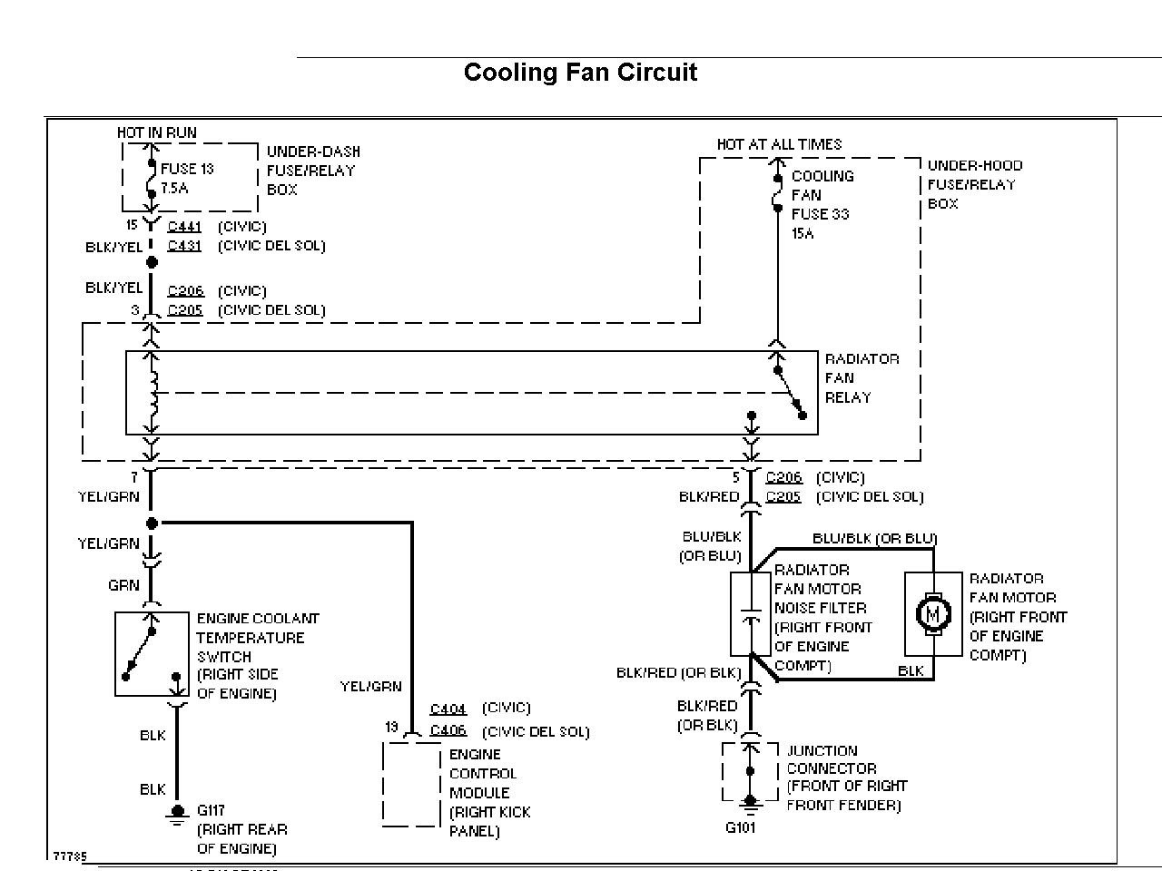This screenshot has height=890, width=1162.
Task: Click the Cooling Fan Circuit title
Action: pyautogui.click(x=580, y=73)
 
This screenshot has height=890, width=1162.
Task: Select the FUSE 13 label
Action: pyautogui.click(x=187, y=169)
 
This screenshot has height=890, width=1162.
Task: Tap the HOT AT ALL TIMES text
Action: pyautogui.click(x=779, y=144)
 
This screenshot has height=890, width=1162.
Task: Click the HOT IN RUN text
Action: pyautogui.click(x=156, y=132)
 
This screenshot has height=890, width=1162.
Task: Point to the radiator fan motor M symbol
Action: pyautogui.click(x=932, y=615)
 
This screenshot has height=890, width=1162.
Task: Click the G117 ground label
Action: pyautogui.click(x=211, y=810)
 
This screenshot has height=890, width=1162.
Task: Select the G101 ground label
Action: pyautogui.click(x=741, y=827)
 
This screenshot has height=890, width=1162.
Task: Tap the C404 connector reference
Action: pyautogui.click(x=448, y=709)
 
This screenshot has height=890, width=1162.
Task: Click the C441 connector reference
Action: pyautogui.click(x=184, y=227)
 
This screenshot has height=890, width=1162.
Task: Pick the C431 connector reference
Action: pyautogui.click(x=184, y=246)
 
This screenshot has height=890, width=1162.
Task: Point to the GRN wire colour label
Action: pyautogui.click(x=123, y=585)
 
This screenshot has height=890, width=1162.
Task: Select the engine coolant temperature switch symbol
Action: pyautogui.click(x=152, y=653)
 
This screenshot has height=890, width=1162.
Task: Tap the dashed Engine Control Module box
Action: pyautogui.click(x=411, y=784)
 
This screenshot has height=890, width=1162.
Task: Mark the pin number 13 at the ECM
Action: pyautogui.click(x=391, y=727)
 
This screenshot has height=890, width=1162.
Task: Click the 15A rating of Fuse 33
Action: pyautogui.click(x=803, y=234)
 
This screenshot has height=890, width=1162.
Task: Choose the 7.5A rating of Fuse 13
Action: pyautogui.click(x=174, y=189)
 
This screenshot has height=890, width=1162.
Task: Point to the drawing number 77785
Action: pyautogui.click(x=70, y=856)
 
